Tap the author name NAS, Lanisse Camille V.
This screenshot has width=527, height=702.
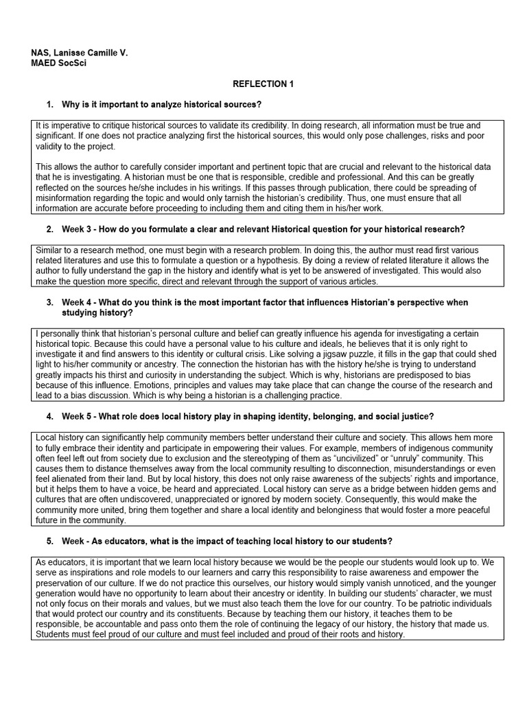(80, 53)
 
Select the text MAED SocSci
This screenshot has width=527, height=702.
(59, 63)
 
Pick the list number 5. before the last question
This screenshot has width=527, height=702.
(50, 541)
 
